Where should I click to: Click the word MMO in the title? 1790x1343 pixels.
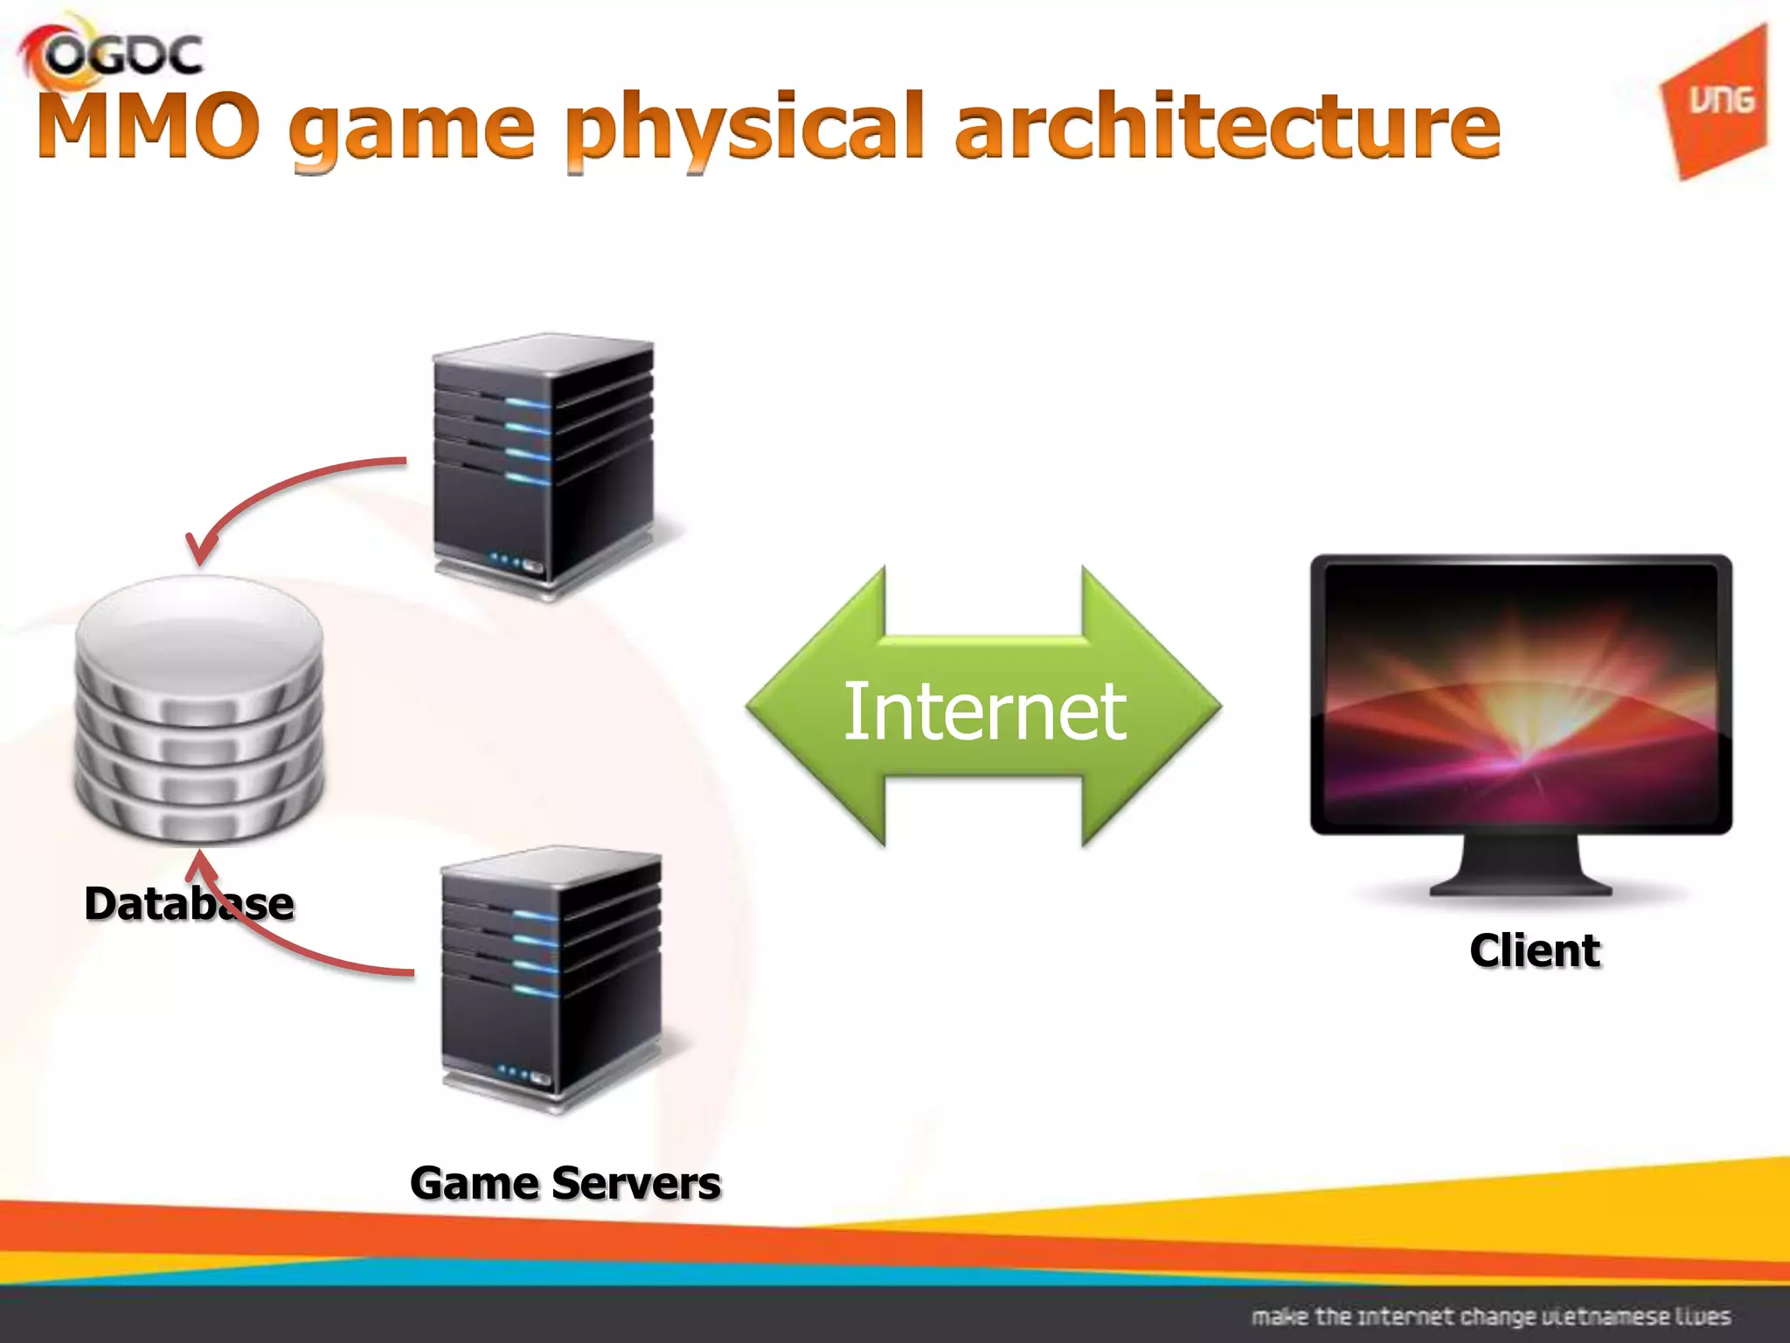point(149,126)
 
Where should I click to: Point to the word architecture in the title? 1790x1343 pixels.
point(1227,126)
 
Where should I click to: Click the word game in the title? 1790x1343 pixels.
point(411,131)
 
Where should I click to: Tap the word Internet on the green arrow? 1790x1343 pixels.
point(984,710)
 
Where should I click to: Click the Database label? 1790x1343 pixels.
point(189,903)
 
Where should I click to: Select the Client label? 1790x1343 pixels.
point(1535,950)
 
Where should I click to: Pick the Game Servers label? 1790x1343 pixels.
point(565,1183)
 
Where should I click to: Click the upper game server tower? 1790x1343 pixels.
point(544,463)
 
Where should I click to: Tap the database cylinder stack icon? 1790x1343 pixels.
point(199,708)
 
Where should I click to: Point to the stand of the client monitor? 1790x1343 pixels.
point(1521,866)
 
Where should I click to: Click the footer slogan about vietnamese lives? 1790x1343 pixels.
point(1490,1316)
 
